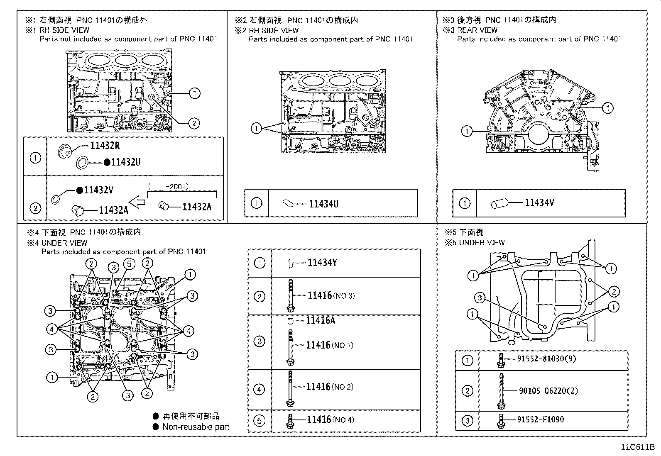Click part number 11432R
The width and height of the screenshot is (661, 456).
point(105,146)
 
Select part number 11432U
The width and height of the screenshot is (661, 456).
point(126,162)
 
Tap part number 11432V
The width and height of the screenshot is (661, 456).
point(98,190)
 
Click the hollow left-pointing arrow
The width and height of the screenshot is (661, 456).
point(137,203)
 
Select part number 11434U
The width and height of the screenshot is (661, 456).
point(323,204)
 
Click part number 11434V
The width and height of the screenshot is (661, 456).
point(539,203)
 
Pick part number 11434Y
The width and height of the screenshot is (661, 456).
point(322,262)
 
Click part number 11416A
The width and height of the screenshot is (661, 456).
point(321,320)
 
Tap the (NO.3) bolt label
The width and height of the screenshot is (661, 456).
point(344,296)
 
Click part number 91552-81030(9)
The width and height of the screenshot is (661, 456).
point(546,359)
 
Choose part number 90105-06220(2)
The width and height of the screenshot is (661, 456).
point(548,390)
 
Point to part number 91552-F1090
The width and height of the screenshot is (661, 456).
point(540,419)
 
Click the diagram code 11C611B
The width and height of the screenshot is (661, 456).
point(637,447)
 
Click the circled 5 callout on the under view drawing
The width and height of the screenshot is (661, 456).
point(129,263)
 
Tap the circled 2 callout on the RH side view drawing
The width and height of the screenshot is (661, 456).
point(193,123)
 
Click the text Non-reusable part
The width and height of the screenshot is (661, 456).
point(196,427)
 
